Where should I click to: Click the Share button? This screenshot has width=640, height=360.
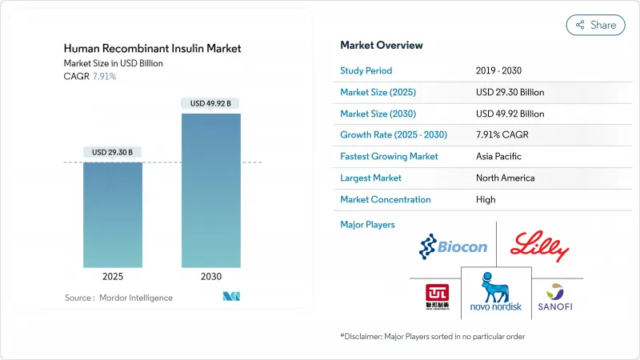(596, 25)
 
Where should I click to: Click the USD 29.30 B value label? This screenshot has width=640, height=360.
(113, 152)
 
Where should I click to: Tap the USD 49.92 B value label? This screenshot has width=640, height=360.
(210, 103)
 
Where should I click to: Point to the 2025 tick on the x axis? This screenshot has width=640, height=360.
(113, 277)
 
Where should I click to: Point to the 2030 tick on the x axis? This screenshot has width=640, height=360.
(210, 277)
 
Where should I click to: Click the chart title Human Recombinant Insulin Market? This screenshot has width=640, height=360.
(151, 49)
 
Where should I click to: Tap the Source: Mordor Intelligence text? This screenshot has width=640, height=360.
(118, 298)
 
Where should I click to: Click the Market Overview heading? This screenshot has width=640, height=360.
(382, 45)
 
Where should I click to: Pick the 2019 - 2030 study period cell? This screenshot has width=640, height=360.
(501, 70)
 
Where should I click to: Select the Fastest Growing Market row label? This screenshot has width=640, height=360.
(389, 156)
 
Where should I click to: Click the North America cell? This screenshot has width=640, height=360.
(505, 178)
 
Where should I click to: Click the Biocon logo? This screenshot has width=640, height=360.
(453, 247)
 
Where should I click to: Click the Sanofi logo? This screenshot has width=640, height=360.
(554, 298)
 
